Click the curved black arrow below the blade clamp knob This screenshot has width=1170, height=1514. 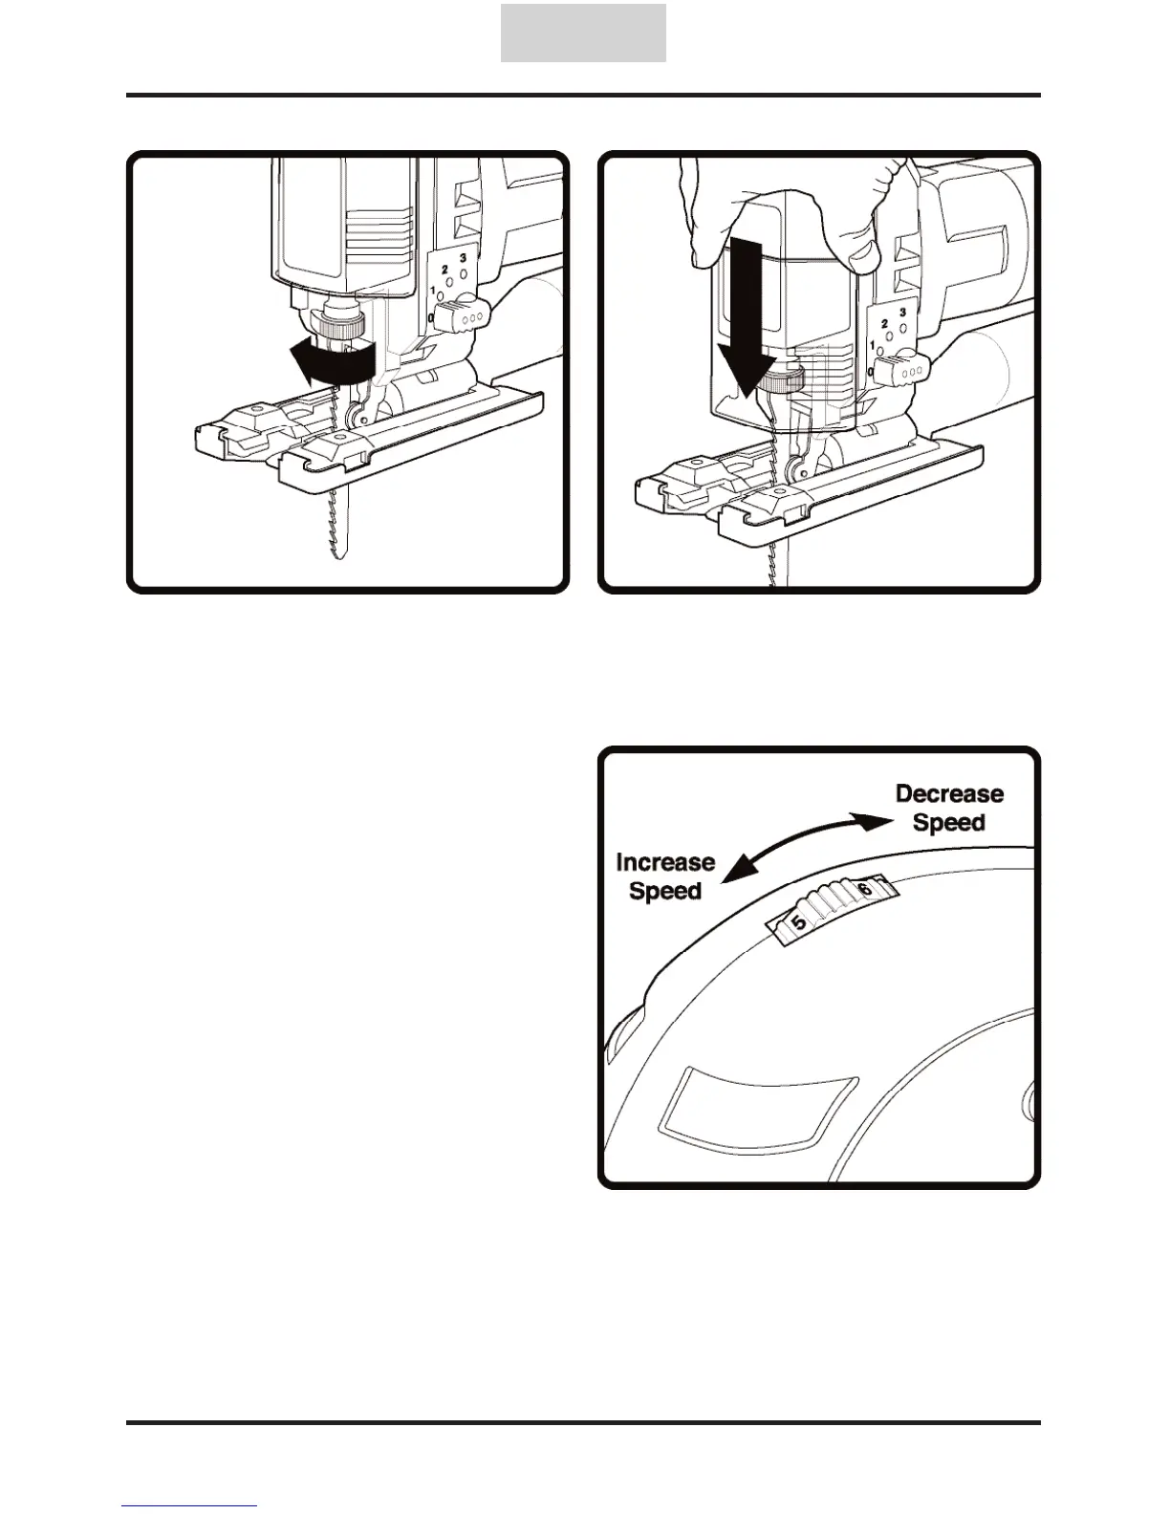(x=330, y=365)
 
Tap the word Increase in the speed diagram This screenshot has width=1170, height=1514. (x=665, y=862)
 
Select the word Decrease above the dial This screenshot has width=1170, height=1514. (x=948, y=794)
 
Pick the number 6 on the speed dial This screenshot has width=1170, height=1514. (x=865, y=889)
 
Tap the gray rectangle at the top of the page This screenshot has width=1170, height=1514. (x=583, y=32)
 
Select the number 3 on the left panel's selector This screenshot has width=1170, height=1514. (x=463, y=258)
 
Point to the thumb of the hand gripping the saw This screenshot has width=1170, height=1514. (x=864, y=249)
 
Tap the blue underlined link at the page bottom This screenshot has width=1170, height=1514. (x=189, y=1507)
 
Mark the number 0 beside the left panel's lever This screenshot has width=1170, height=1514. (x=432, y=317)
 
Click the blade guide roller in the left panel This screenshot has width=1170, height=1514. (x=357, y=416)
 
